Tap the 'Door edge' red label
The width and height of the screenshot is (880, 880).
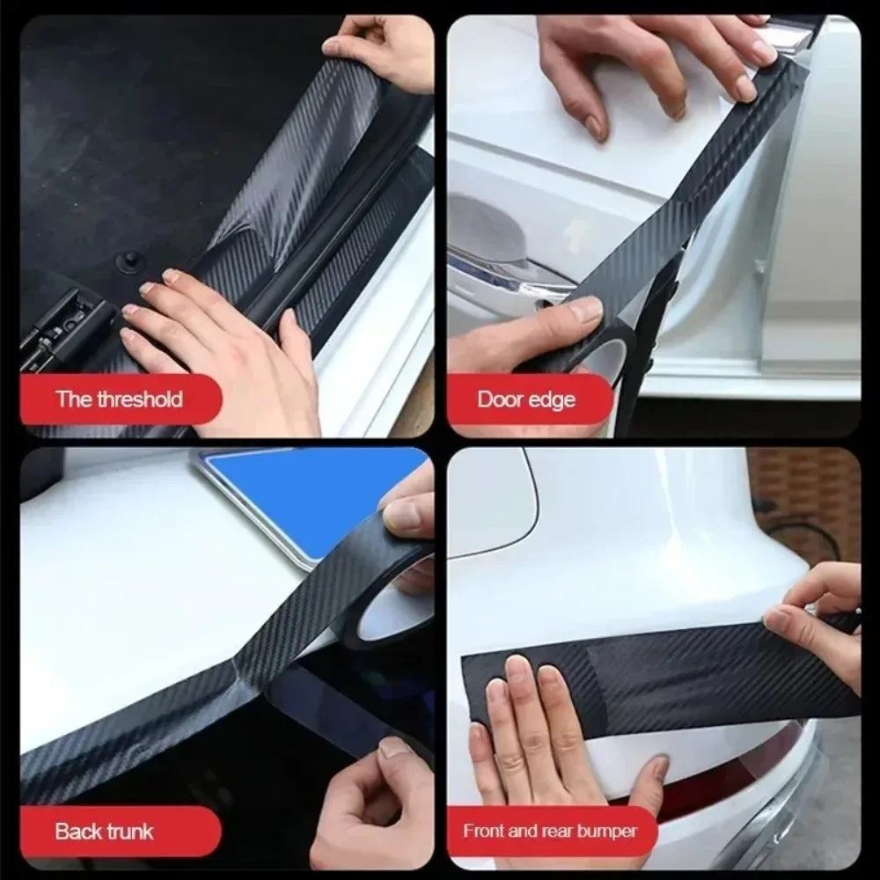click(x=526, y=400)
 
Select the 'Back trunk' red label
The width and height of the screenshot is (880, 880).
click(x=104, y=831)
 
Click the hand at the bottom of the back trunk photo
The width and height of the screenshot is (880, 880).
click(x=378, y=792)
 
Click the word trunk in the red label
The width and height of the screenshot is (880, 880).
click(x=129, y=831)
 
